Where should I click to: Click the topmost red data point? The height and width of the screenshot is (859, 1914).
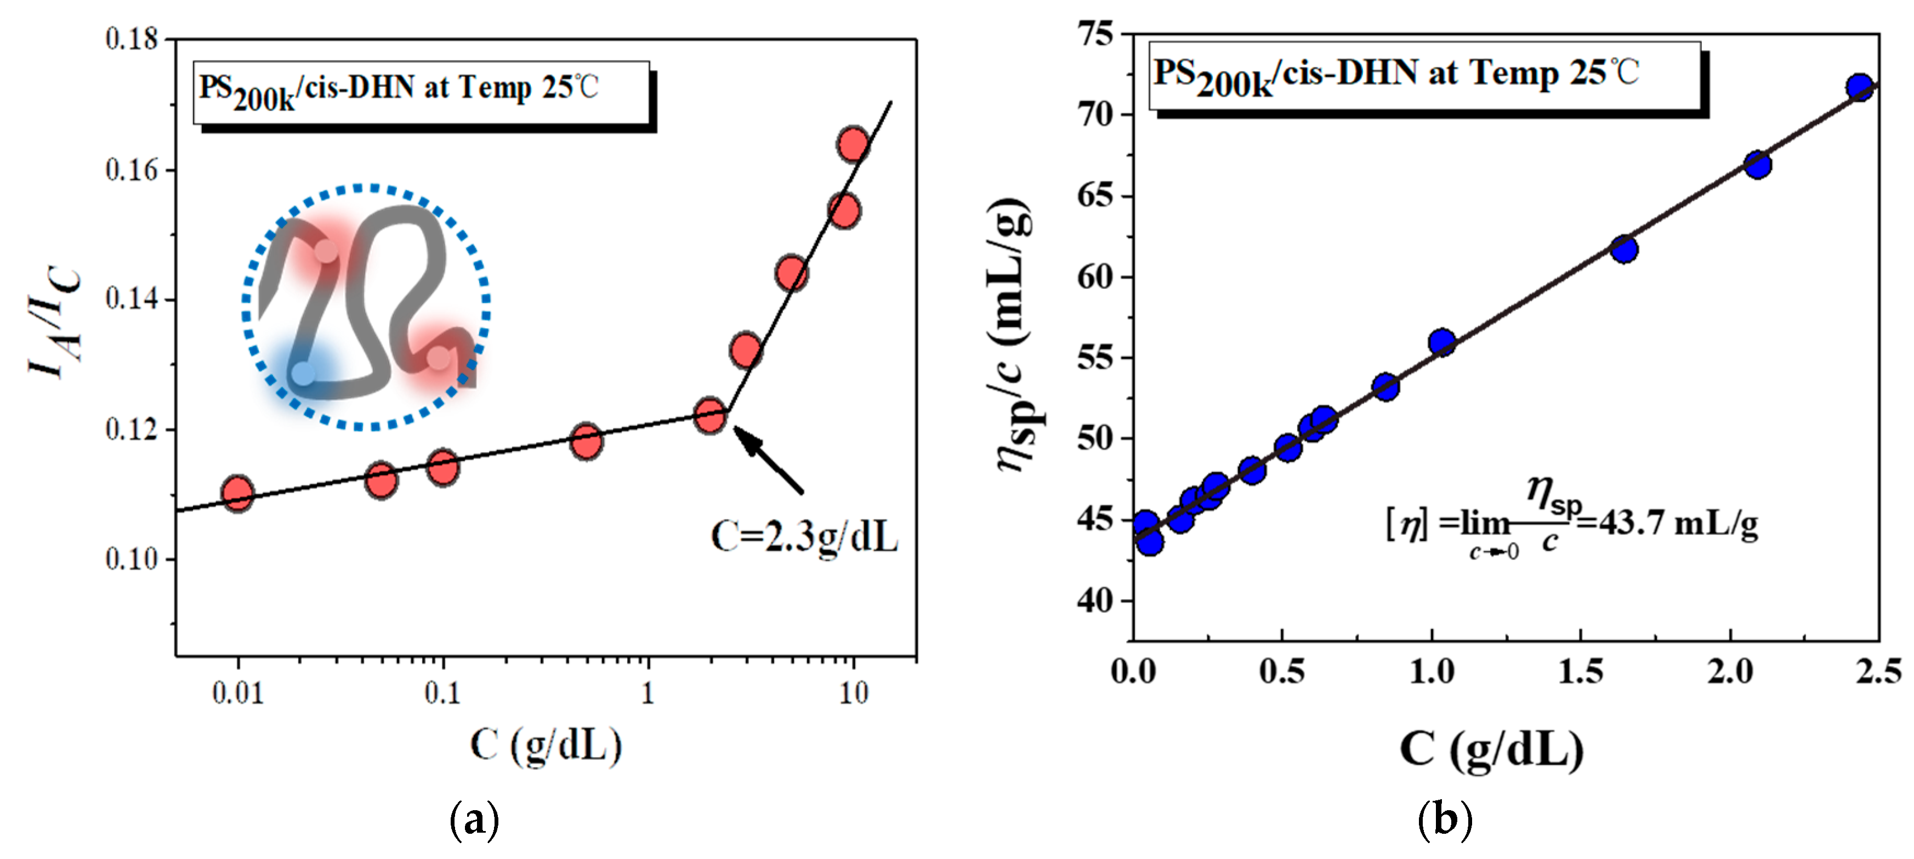[853, 144]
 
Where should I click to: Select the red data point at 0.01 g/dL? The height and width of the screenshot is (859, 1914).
[238, 493]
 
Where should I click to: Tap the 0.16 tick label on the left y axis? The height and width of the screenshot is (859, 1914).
[132, 170]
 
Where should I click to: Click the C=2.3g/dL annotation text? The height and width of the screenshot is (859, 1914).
[804, 536]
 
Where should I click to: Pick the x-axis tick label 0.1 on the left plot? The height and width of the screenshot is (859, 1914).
[442, 693]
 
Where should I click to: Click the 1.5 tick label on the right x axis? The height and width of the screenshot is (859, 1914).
[1581, 672]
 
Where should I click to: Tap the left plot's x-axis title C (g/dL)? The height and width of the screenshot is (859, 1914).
[546, 744]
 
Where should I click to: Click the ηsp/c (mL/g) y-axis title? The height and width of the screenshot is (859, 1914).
[1015, 335]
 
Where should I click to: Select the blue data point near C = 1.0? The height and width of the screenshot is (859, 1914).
[1441, 342]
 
